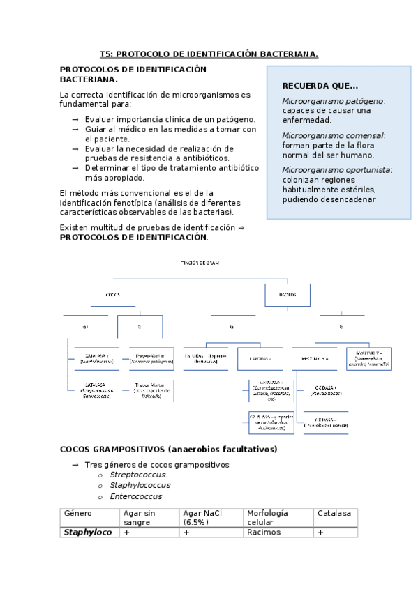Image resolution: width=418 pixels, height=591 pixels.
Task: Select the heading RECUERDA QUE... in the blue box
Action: pyautogui.click(x=320, y=86)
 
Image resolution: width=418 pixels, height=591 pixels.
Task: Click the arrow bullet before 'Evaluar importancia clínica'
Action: pyautogui.click(x=75, y=120)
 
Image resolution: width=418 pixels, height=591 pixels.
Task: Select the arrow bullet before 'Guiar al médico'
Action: pyautogui.click(x=75, y=130)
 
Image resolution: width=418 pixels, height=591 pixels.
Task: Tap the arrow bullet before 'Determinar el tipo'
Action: pyautogui.click(x=75, y=168)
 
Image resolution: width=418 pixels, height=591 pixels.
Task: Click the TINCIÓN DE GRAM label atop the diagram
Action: pyautogui.click(x=200, y=262)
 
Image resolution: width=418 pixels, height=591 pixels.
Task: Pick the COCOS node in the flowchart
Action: pyautogui.click(x=112, y=295)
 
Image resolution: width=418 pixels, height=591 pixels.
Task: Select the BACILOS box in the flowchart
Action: pyautogui.click(x=287, y=295)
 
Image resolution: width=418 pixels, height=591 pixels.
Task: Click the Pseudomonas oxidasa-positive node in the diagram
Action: pyautogui.click(x=326, y=390)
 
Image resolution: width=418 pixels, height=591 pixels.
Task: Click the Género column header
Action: pyautogui.click(x=77, y=513)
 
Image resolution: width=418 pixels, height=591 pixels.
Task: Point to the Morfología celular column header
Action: pyautogui.click(x=267, y=517)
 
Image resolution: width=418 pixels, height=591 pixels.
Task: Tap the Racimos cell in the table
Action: pyautogui.click(x=263, y=532)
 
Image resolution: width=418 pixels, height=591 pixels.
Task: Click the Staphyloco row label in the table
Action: pyautogui.click(x=88, y=532)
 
